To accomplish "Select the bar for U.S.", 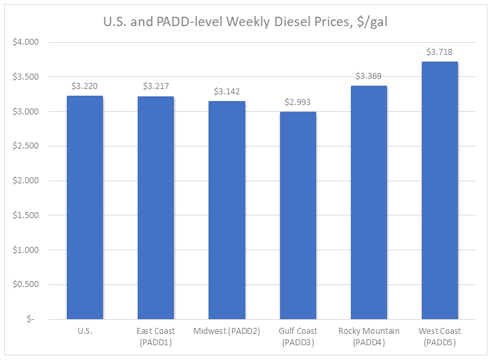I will [85, 207].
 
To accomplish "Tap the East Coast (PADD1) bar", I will [156, 207].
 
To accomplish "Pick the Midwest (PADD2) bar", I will [227, 210].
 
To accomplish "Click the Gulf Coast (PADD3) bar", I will [298, 215].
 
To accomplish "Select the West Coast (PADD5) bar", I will [440, 190].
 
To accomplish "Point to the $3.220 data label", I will [85, 86].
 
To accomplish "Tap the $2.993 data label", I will [298, 102].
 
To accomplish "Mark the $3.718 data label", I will [440, 52].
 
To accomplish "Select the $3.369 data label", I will [369, 76].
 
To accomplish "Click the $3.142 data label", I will [227, 91].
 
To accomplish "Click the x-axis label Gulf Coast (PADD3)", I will [298, 336].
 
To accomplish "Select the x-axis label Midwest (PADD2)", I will [227, 331].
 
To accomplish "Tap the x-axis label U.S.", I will [85, 331].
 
